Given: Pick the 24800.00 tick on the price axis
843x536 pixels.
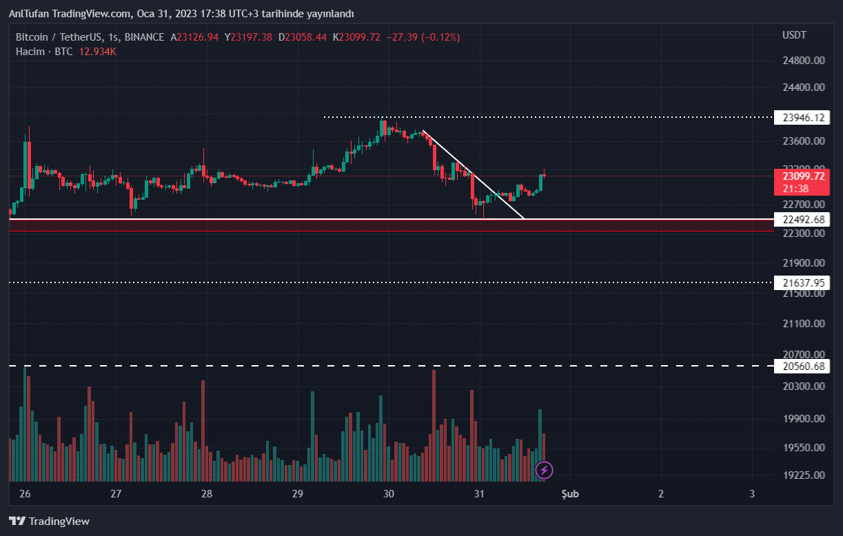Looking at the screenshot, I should click(x=804, y=61).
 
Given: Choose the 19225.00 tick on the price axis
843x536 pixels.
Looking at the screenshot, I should click(x=804, y=475).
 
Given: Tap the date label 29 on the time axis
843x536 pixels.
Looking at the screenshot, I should click(x=298, y=494).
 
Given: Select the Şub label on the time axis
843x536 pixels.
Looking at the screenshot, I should click(x=569, y=494).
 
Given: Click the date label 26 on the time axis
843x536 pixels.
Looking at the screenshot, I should click(x=25, y=494).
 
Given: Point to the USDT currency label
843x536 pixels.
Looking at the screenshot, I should click(x=794, y=35).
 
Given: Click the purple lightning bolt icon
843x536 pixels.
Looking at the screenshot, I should click(x=545, y=471).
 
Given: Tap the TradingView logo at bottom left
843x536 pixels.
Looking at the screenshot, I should click(x=49, y=522).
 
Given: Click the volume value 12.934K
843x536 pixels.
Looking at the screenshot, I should click(x=97, y=52).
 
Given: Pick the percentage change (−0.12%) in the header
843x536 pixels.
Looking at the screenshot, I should click(x=438, y=37).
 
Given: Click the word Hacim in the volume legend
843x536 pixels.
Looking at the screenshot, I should click(x=30, y=52).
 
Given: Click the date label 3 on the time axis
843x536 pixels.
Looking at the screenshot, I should click(x=752, y=494).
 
